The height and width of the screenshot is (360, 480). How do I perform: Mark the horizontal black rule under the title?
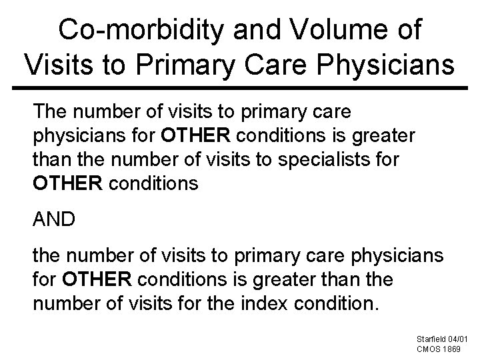coord(240,87)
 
